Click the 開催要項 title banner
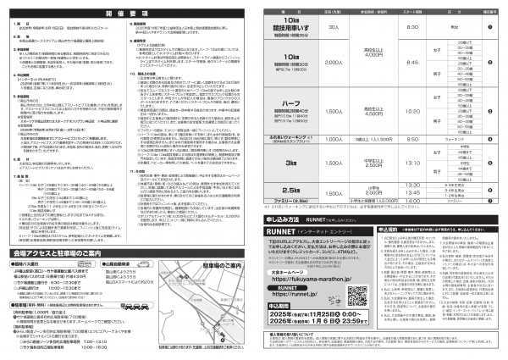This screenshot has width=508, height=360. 127,14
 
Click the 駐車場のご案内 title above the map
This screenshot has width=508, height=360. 194,264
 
